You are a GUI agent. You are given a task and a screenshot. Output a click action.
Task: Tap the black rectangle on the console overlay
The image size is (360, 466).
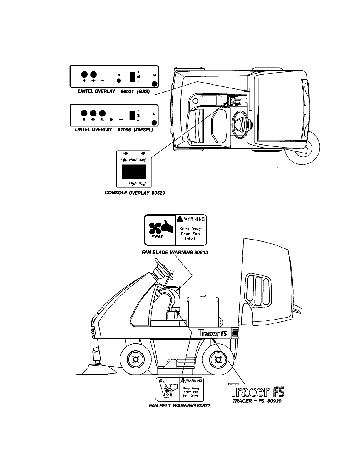[x=134, y=172]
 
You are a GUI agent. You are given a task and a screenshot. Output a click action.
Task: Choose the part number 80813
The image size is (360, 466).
[x=201, y=252]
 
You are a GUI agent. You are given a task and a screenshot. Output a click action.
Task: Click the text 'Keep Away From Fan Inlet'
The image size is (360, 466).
[x=191, y=233]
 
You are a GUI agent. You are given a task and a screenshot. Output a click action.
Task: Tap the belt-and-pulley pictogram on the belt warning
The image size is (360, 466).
[x=168, y=389]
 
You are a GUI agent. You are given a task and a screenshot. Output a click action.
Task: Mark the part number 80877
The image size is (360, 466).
[x=203, y=406]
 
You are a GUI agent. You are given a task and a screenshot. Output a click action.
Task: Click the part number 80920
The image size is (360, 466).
[x=274, y=401]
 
